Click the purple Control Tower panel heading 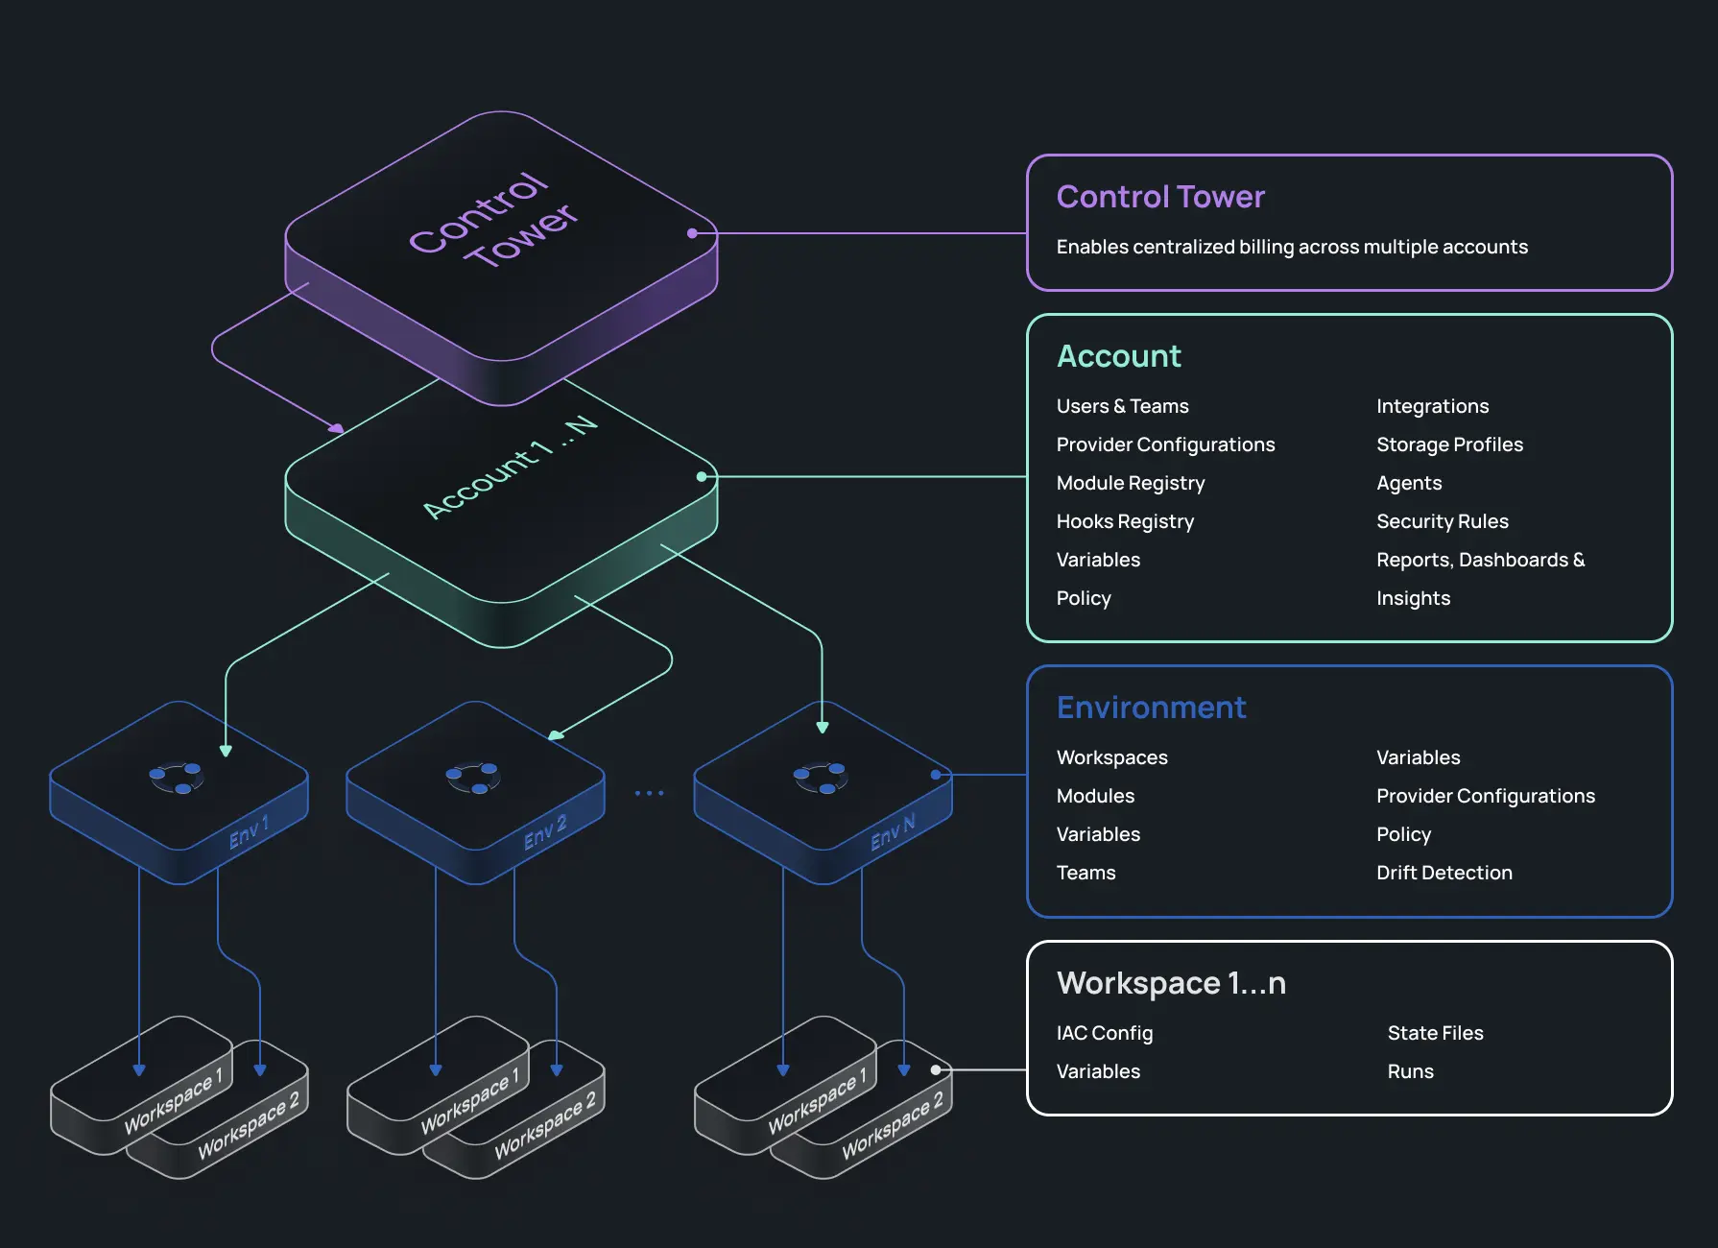point(1160,197)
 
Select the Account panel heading point(1118,356)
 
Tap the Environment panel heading point(1151,708)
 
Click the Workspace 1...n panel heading point(1171,983)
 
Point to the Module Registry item point(1130,483)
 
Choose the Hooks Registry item point(1125,521)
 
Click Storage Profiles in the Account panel point(1449,444)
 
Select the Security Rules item point(1442,521)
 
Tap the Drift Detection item point(1444,873)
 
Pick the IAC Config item point(1104,1033)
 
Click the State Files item point(1435,1033)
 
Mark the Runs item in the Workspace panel point(1410,1071)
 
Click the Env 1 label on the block point(250,831)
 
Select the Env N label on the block point(893,831)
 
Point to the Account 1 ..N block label point(510,468)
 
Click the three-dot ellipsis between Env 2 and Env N point(650,793)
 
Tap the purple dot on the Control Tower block point(692,233)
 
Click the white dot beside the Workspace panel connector point(936,1069)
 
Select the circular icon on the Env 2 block point(473,778)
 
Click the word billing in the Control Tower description point(1266,247)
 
